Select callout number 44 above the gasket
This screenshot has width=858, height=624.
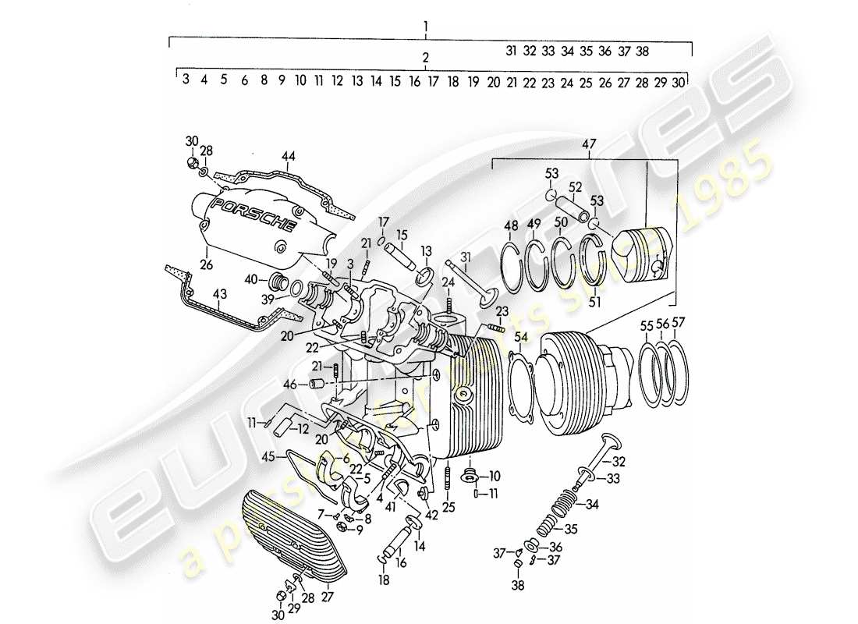click(289, 158)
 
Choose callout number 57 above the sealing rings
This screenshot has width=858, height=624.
click(679, 324)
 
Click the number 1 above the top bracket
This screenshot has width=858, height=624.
click(426, 27)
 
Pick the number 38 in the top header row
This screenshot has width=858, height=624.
click(643, 51)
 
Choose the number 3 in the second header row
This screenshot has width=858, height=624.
click(186, 80)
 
